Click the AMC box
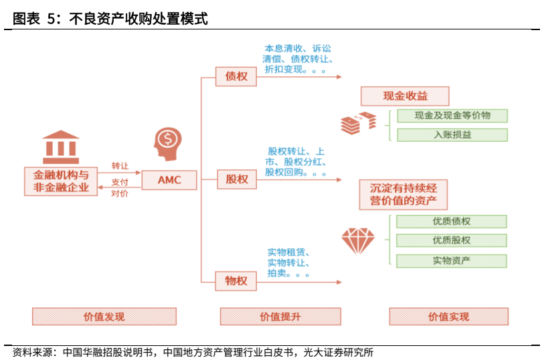click(x=169, y=179)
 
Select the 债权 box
click(x=236, y=76)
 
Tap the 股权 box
click(x=236, y=179)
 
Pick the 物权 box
click(x=236, y=280)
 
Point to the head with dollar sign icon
click(x=166, y=143)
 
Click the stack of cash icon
click(x=359, y=122)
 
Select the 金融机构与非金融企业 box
click(x=61, y=181)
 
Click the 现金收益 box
click(x=405, y=96)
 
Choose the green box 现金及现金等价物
click(x=452, y=116)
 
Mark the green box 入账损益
click(x=452, y=134)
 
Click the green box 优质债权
click(x=452, y=221)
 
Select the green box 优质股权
click(x=452, y=240)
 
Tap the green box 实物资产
click(x=452, y=260)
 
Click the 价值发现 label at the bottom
click(x=104, y=317)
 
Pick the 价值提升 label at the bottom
click(x=280, y=317)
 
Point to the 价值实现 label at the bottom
click(x=449, y=317)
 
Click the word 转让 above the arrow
click(x=120, y=166)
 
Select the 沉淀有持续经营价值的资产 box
click(x=403, y=194)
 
